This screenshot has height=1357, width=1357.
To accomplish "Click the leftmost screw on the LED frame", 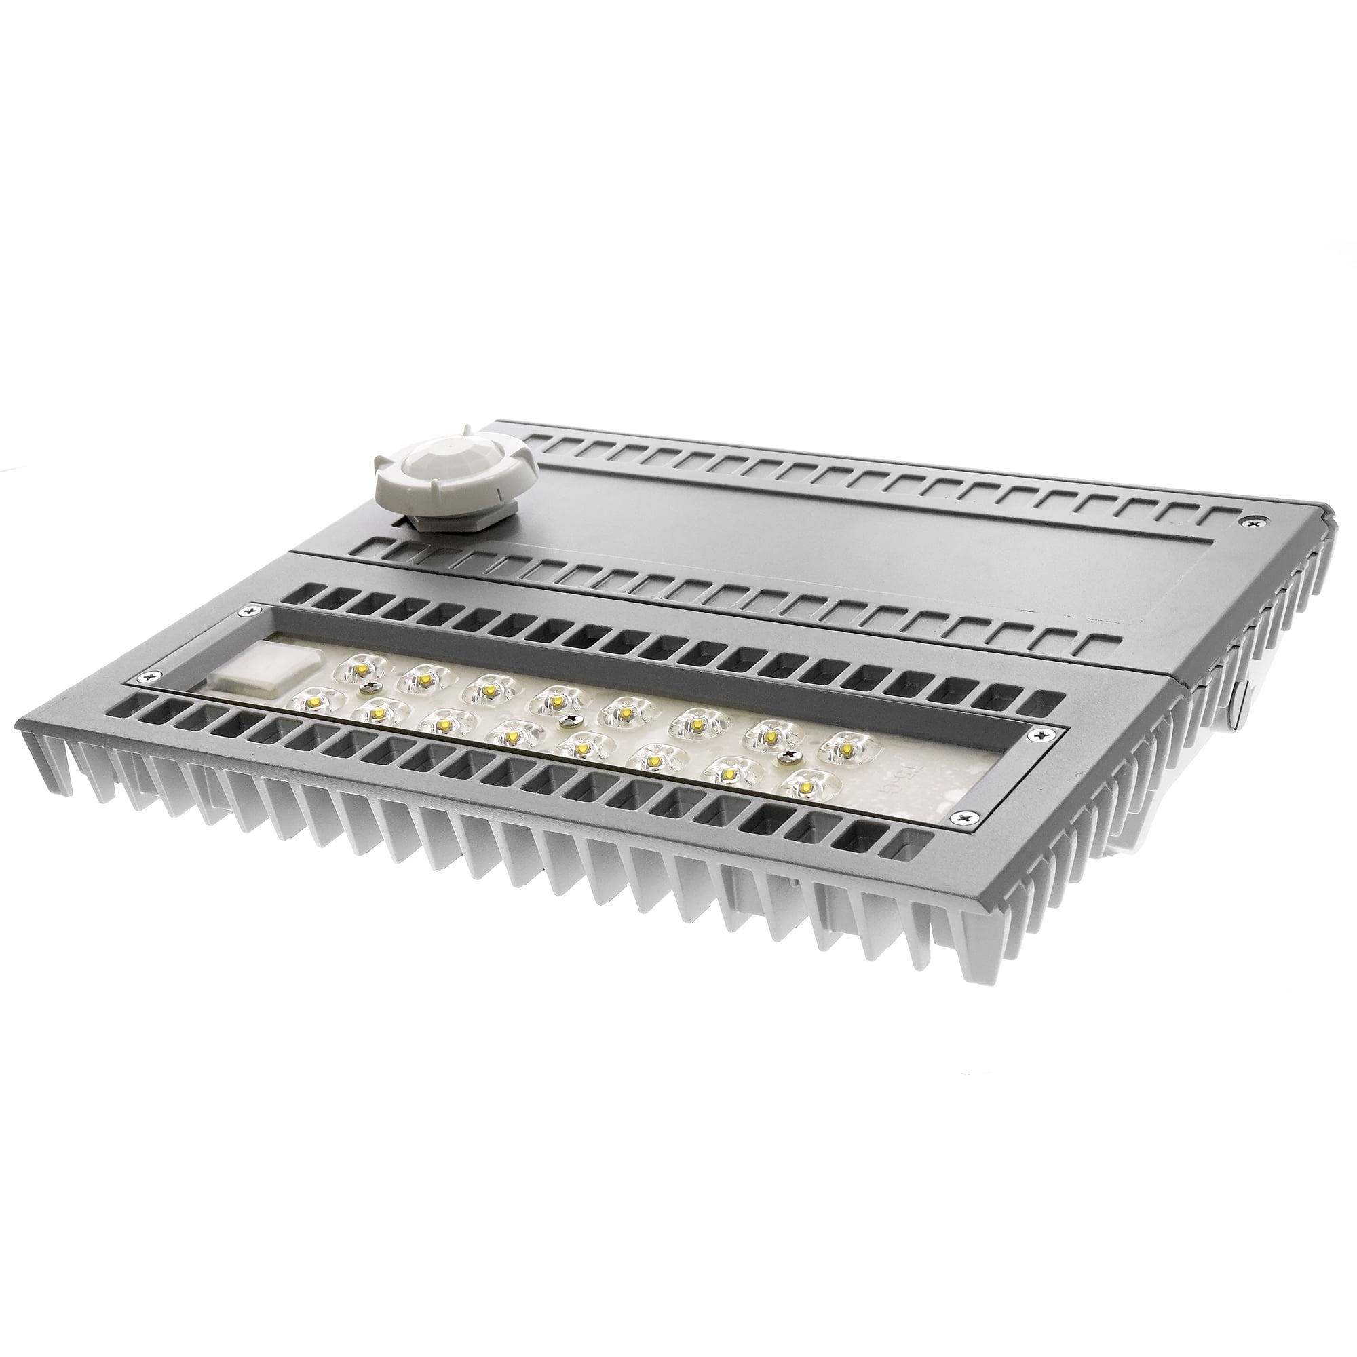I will coord(146,676).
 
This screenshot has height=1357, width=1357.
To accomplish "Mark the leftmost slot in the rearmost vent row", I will coord(541,440).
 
